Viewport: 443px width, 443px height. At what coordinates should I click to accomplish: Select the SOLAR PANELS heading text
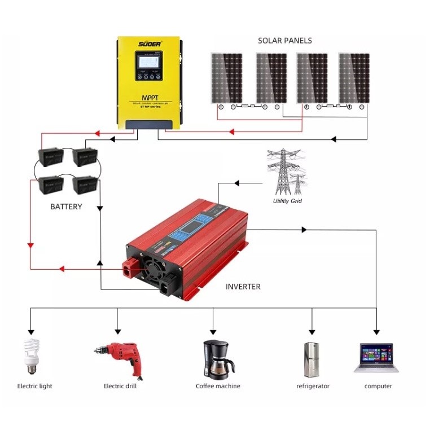(x=284, y=41)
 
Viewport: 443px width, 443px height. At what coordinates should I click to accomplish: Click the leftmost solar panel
(x=226, y=78)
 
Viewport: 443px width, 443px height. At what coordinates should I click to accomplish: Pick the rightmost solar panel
(x=354, y=78)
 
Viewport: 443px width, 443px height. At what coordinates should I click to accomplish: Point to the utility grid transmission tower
(x=286, y=172)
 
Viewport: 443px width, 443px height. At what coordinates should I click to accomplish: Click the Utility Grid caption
(x=287, y=201)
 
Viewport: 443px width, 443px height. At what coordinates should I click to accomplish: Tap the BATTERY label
(x=66, y=207)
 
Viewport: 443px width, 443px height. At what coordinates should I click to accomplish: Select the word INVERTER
(x=243, y=287)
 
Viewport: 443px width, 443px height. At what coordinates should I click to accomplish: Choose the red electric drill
(x=120, y=357)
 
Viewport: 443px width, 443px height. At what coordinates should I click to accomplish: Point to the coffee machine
(x=217, y=359)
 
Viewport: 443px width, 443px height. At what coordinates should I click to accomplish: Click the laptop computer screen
(x=376, y=354)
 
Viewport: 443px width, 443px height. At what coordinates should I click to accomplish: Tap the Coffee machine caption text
(x=218, y=386)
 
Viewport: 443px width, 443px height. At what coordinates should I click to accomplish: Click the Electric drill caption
(x=120, y=386)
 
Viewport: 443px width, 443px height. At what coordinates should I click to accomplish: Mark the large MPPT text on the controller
(x=147, y=96)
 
